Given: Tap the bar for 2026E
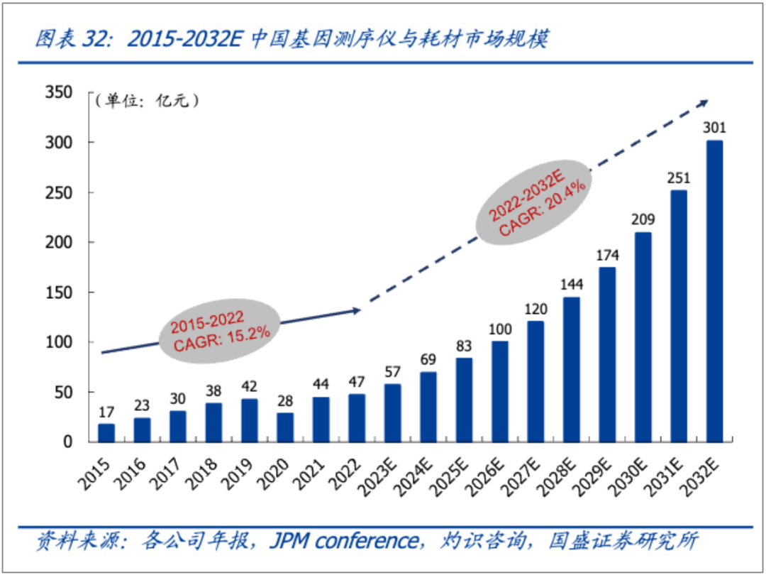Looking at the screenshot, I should pos(499,392).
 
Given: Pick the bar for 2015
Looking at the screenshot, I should pos(106,433).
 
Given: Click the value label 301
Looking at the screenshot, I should pos(714,128).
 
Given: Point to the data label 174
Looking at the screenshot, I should pos(607,253).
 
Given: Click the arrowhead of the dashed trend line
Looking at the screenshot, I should pos(702,102).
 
